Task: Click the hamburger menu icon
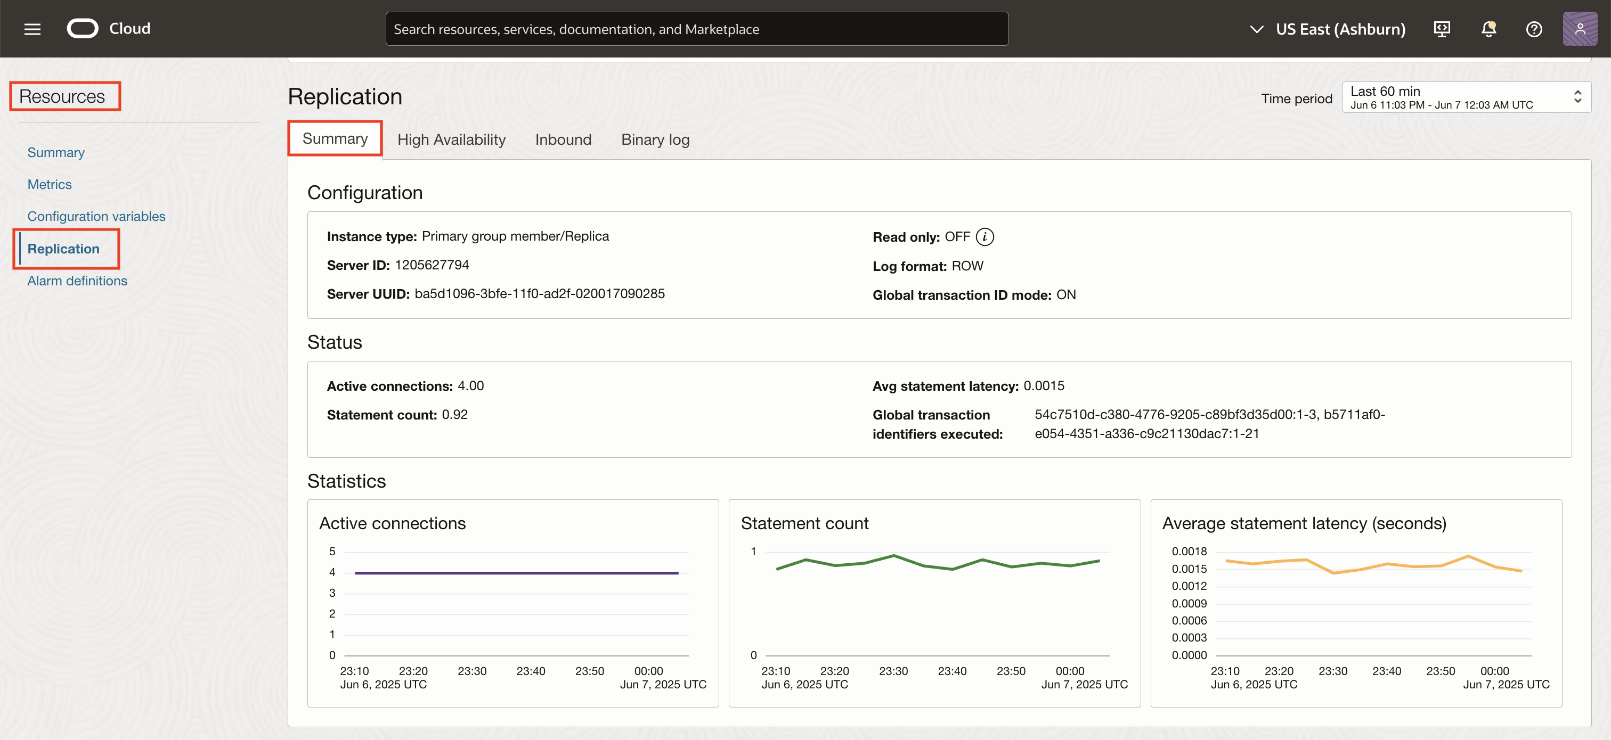[32, 29]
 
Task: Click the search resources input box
[696, 29]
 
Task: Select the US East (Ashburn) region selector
[1328, 29]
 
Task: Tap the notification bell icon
[1488, 29]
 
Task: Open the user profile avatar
[1579, 29]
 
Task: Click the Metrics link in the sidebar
[50, 184]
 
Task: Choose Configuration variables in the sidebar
[96, 216]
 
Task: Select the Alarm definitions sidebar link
[77, 281]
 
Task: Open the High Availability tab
[451, 139]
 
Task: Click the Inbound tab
[563, 139]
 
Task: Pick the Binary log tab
[655, 139]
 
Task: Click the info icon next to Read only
[984, 237]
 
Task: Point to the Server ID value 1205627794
[432, 265]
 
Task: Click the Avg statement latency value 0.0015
[1044, 385]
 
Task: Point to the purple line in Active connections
[516, 572]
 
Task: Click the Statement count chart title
[804, 523]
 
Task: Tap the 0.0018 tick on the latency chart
[1189, 551]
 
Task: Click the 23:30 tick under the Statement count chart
[893, 671]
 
